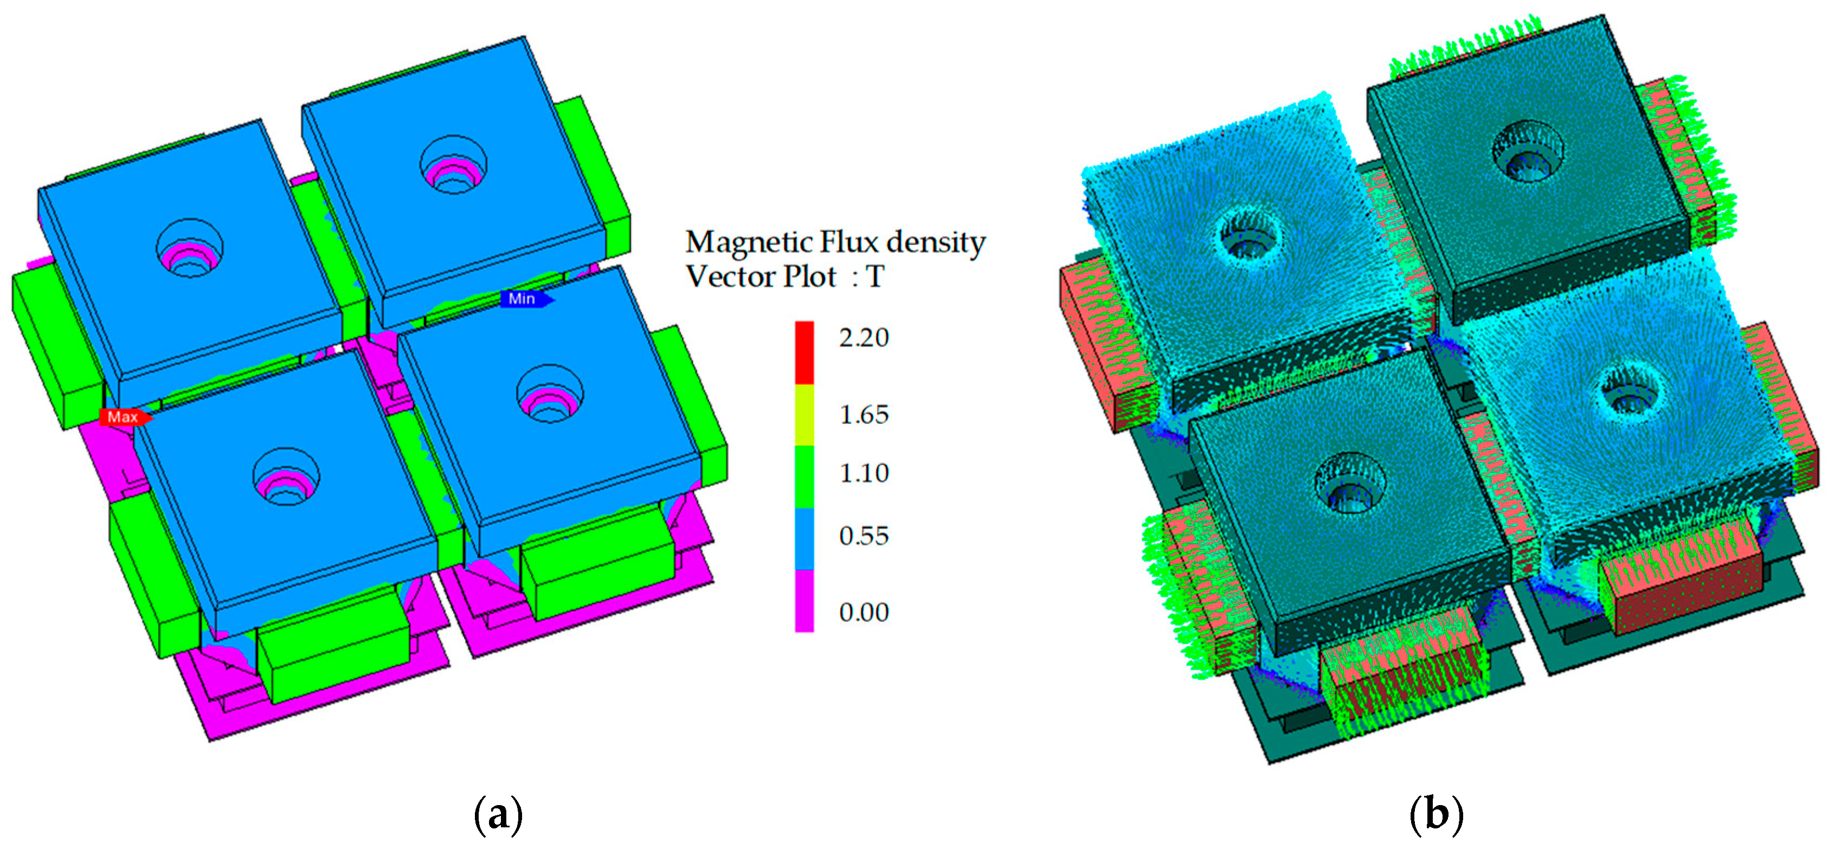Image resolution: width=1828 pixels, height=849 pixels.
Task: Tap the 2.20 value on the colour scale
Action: coord(864,338)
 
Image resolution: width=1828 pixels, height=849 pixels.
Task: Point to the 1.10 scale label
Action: coord(864,473)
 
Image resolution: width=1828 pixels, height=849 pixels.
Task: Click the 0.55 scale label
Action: coord(864,536)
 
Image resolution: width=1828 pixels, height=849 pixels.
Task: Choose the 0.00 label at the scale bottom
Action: coord(864,613)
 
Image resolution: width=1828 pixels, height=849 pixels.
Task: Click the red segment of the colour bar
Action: coord(804,353)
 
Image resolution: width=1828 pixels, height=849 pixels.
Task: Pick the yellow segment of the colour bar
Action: coord(804,415)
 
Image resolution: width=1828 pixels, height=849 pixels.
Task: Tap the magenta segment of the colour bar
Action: coord(804,601)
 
